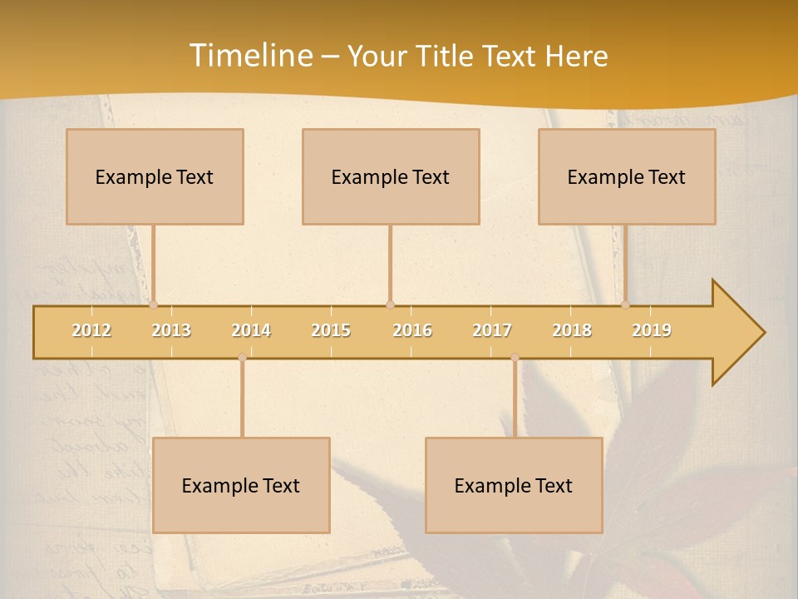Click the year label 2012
click(91, 330)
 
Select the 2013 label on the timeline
click(171, 330)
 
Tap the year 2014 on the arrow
click(251, 330)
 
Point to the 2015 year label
click(331, 330)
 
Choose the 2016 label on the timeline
click(412, 330)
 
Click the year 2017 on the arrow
click(492, 330)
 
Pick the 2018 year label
click(572, 330)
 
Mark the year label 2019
click(652, 330)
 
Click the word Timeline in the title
click(249, 56)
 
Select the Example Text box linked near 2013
click(155, 176)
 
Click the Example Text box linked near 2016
click(391, 176)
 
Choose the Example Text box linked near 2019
click(627, 176)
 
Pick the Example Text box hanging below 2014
click(241, 485)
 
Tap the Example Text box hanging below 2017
click(514, 485)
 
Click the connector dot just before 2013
click(153, 304)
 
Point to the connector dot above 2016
click(390, 304)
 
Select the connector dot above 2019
click(625, 304)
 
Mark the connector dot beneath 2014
click(242, 358)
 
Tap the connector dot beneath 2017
click(515, 358)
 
